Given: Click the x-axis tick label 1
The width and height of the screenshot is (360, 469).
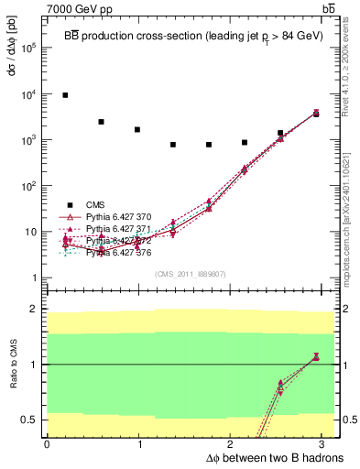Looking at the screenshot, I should point(139,444).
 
